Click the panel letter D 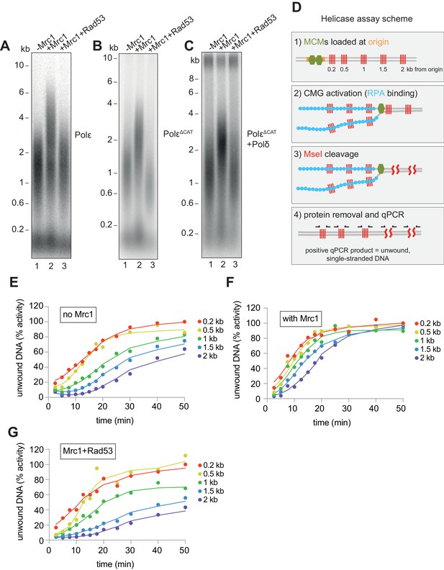(x=296, y=8)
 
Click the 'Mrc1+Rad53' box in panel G (x=88, y=451)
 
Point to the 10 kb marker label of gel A (x=19, y=65)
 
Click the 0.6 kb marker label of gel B (x=106, y=193)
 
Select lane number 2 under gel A (x=51, y=266)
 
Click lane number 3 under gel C (x=235, y=264)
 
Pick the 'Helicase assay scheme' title (x=366, y=19)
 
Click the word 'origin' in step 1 (x=378, y=42)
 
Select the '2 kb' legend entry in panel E (x=207, y=356)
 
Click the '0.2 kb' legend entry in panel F (x=427, y=323)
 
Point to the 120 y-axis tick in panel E (x=37, y=306)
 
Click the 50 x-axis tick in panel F (x=400, y=409)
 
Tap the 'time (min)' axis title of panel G (x=115, y=564)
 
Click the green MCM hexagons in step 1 (x=315, y=60)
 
